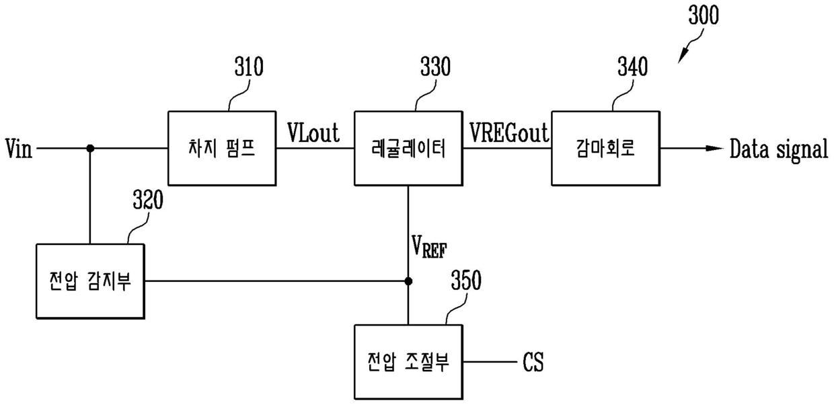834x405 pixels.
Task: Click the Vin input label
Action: point(19,148)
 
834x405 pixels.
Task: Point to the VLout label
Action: point(313,133)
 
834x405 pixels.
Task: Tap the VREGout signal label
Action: point(509,133)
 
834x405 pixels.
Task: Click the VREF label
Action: point(429,247)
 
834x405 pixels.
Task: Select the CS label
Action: point(533,362)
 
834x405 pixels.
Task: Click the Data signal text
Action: point(779,150)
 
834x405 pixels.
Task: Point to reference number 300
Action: point(704,15)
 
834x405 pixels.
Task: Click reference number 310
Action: point(249,67)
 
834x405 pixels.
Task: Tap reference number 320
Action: point(148,200)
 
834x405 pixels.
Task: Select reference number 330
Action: point(435,67)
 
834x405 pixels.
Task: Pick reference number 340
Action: point(633,67)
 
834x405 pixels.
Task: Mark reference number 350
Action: point(466,280)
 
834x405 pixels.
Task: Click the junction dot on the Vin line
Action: point(90,148)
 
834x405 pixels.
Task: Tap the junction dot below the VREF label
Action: point(408,281)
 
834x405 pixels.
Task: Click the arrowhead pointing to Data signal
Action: point(715,148)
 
